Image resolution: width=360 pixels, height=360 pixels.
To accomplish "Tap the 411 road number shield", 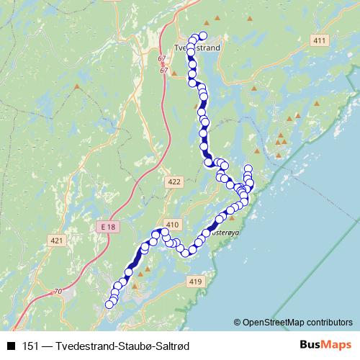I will (320, 41).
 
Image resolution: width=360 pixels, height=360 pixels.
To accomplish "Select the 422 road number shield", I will (174, 183).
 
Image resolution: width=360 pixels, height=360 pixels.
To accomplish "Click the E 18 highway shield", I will (108, 227).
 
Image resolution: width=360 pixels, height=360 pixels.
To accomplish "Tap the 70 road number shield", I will (58, 292).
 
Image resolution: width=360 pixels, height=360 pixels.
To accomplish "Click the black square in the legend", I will (11, 346).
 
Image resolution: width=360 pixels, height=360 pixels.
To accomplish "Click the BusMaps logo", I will (326, 346).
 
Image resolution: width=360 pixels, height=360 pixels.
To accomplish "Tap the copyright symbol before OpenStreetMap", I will (238, 322).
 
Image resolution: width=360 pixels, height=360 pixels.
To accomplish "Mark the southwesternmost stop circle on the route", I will (109, 305).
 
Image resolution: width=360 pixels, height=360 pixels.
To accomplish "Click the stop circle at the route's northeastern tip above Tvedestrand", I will (202, 35).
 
